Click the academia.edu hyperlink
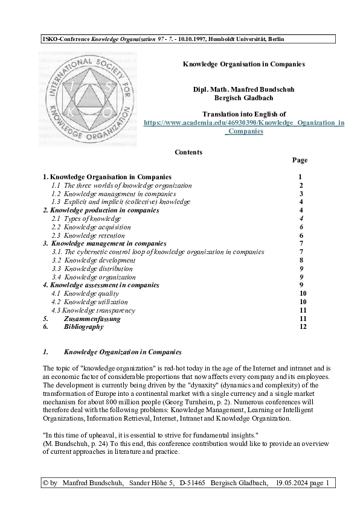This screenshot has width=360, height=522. click(243, 123)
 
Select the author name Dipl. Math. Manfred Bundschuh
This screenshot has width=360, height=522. click(243, 89)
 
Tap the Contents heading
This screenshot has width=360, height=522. click(188, 152)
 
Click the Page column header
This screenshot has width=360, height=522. click(300, 160)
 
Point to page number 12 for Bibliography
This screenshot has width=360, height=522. click(303, 326)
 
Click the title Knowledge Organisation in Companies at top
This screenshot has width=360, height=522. click(243, 63)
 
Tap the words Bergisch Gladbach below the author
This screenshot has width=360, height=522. click(243, 98)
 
